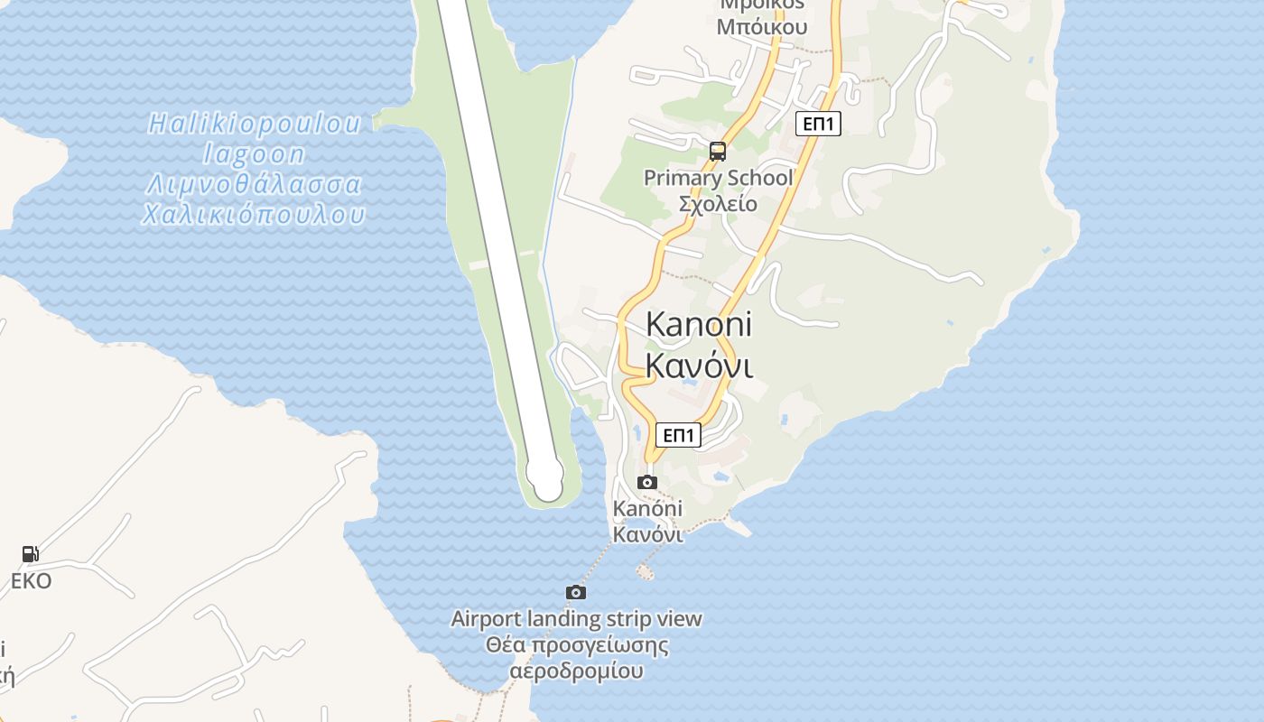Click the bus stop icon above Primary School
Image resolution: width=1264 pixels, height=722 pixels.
click(718, 152)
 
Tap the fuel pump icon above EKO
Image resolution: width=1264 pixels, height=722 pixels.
click(31, 554)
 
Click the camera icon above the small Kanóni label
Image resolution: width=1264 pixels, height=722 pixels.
click(647, 482)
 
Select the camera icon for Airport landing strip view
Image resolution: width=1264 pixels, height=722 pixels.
click(576, 592)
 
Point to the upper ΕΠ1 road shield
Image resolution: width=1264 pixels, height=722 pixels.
click(818, 124)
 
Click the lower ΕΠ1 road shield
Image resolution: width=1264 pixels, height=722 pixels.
click(678, 435)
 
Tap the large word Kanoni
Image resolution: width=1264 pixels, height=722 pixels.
click(699, 324)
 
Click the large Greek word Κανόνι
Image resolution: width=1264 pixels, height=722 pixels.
click(699, 366)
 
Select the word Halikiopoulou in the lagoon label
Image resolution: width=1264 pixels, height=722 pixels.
click(255, 124)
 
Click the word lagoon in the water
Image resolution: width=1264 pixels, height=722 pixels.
click(255, 154)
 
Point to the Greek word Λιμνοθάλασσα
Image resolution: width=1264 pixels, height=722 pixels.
click(255, 185)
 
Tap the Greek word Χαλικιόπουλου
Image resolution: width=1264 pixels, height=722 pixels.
click(255, 215)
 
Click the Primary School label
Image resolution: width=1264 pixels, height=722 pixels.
click(718, 178)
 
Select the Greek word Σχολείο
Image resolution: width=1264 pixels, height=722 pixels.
click(718, 203)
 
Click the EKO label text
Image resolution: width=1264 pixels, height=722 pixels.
click(31, 580)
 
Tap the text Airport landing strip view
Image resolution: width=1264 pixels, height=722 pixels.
click(576, 619)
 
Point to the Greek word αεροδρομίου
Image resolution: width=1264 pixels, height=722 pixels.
click(576, 671)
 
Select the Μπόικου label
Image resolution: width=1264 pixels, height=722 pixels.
click(761, 27)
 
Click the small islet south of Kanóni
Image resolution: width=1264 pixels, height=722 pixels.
click(645, 570)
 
